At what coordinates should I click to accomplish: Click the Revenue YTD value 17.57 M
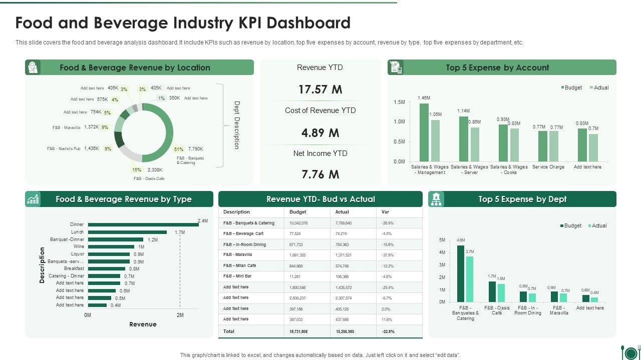(320, 89)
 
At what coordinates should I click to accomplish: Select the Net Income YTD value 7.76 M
(320, 174)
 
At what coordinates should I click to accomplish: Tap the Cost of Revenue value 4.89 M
(320, 133)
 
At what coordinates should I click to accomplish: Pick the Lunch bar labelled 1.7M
(127, 232)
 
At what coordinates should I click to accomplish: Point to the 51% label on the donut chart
(179, 149)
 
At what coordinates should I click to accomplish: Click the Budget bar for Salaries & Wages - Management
(424, 132)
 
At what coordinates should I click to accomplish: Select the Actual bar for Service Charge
(554, 146)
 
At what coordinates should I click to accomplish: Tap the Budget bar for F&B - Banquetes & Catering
(460, 273)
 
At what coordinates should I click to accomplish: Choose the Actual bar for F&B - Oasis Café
(501, 293)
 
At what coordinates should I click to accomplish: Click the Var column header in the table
(385, 212)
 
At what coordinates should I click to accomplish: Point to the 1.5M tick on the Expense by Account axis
(399, 102)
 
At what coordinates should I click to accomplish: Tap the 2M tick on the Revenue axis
(180, 315)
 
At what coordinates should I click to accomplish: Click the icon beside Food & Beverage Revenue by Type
(33, 199)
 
